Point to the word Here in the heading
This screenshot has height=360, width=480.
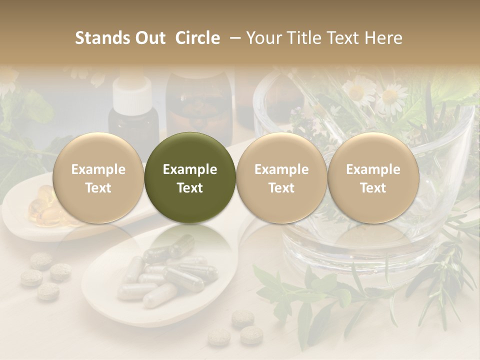coord(384,38)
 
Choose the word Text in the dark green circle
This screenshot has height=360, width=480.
coord(189,188)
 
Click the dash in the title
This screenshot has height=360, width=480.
coord(233,38)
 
